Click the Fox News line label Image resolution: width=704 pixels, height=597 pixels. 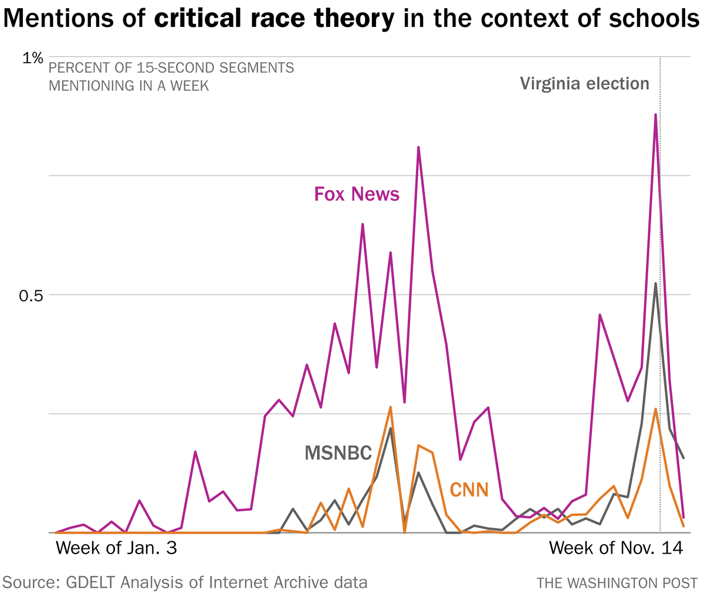tap(357, 194)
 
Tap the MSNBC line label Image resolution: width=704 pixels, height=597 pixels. tap(338, 453)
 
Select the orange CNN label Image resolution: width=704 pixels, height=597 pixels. tap(469, 489)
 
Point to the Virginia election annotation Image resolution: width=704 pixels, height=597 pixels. tap(584, 84)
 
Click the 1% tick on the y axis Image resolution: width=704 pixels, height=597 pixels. tap(32, 58)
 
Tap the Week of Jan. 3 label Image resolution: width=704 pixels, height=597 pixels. tap(116, 548)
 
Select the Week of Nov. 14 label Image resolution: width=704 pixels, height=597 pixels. tap(616, 548)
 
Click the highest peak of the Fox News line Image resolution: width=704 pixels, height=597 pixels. tap(655, 115)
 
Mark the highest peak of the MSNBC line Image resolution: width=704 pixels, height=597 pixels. tap(655, 284)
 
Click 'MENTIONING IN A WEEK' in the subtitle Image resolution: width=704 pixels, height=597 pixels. tap(128, 86)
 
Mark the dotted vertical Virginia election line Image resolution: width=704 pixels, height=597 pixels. tap(661, 352)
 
